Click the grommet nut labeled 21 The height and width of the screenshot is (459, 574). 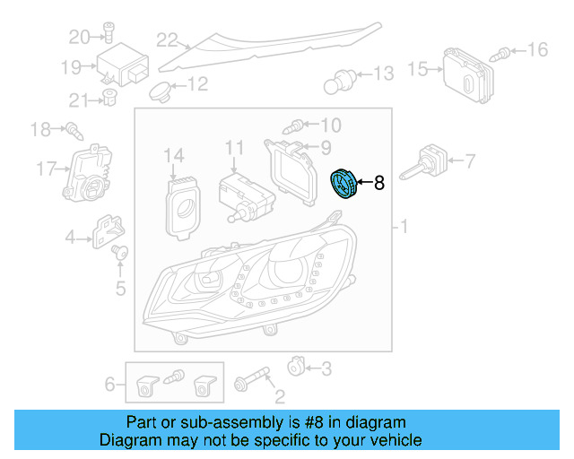tap(109, 97)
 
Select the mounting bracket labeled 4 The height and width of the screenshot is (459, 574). tap(107, 231)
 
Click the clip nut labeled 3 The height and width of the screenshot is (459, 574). tap(295, 366)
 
